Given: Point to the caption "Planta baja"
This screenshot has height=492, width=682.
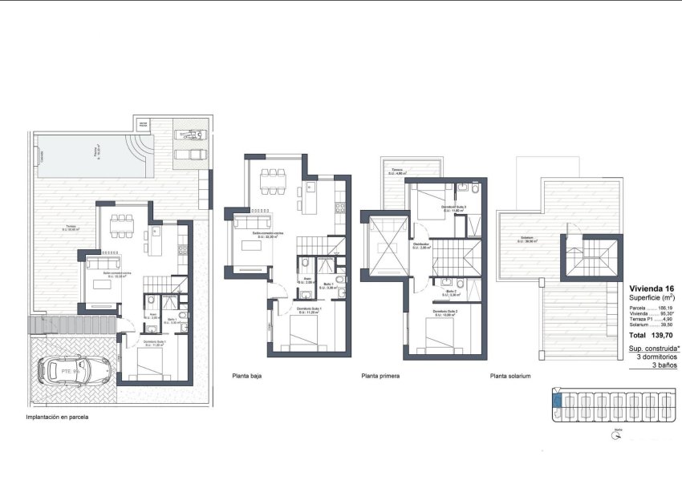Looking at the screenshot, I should point(246,375).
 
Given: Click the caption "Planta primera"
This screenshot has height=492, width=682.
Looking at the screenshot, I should point(380,375).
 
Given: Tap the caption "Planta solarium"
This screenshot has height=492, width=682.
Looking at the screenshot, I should point(509,375).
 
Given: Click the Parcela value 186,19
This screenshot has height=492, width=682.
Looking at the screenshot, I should point(666,307).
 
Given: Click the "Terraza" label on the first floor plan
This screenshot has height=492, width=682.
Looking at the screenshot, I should point(397,170).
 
